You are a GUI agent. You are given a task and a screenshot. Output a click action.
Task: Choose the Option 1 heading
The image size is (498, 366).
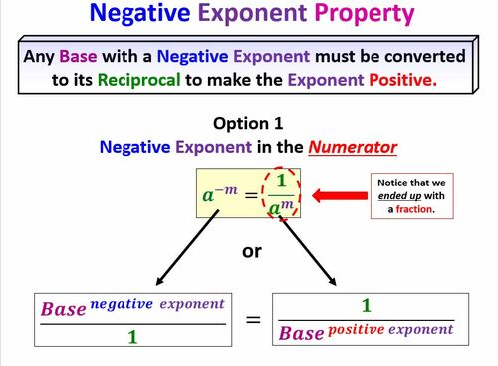coord(248,124)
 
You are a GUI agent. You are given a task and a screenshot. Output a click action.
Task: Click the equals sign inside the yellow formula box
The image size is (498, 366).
coord(255,193)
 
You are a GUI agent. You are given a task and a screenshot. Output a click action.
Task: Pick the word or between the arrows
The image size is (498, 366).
coord(251,250)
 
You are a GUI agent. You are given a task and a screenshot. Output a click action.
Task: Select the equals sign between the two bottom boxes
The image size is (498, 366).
coord(253,320)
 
